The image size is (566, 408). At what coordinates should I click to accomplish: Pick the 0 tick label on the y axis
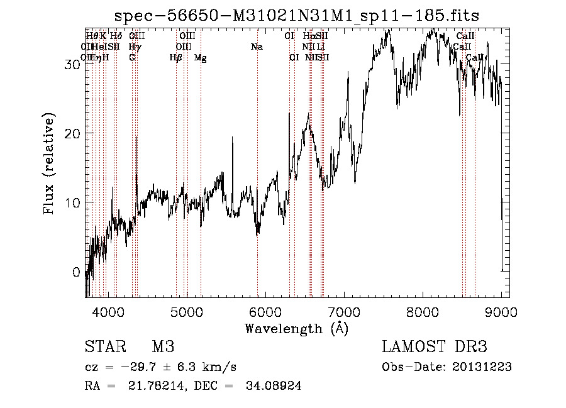tap(77, 272)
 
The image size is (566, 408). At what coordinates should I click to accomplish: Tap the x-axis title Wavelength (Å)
tap(296, 328)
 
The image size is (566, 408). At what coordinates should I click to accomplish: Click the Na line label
tap(257, 47)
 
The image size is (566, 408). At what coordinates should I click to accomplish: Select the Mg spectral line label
tap(201, 58)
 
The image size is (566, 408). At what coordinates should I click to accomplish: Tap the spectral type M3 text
tap(162, 347)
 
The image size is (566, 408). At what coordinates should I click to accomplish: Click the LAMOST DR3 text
tap(435, 347)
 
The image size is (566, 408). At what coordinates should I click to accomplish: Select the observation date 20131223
tap(482, 367)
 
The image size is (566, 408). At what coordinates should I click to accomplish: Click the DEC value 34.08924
tap(275, 386)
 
